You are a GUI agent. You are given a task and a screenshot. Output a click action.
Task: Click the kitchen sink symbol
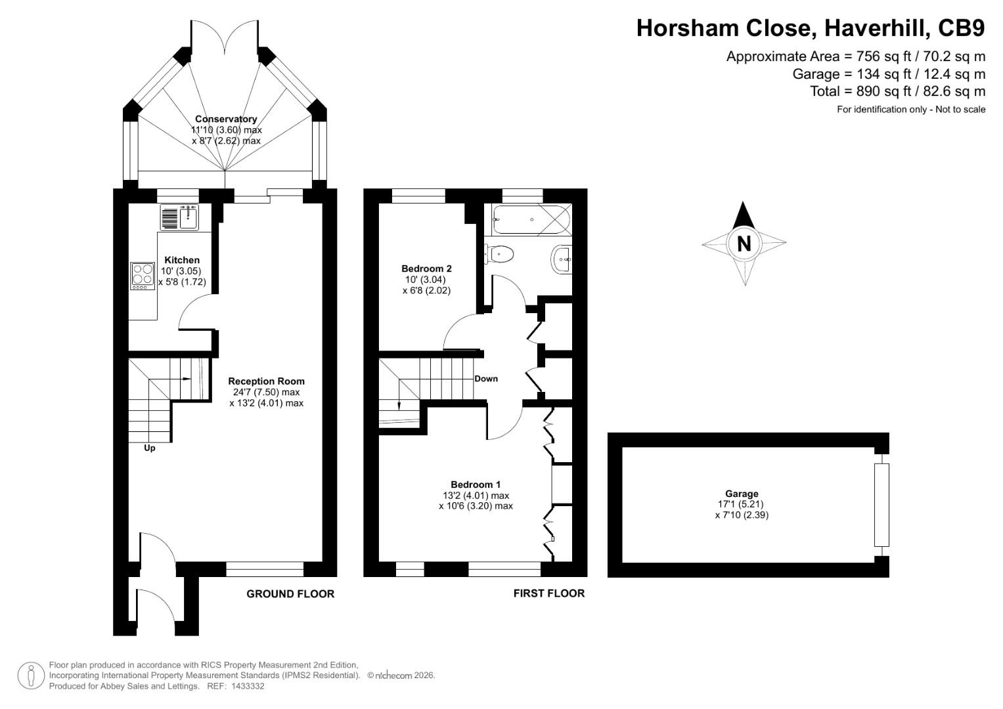tap(179, 217)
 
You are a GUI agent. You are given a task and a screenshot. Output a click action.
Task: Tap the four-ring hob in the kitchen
tap(140, 276)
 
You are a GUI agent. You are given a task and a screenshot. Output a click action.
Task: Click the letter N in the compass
tap(744, 244)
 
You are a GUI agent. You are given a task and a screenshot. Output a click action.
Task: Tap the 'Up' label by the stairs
tap(150, 448)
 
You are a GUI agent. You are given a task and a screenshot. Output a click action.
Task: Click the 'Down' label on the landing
tap(486, 379)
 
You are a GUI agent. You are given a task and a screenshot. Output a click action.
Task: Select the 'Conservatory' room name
tap(226, 119)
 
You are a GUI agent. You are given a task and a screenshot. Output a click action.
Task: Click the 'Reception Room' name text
tap(266, 381)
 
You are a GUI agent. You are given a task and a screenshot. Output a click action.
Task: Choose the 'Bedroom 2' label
tap(426, 269)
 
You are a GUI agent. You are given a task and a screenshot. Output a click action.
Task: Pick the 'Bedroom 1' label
tap(476, 484)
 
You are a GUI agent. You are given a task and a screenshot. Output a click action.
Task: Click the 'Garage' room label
tap(742, 494)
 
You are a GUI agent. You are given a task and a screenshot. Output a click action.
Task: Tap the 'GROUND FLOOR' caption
tap(290, 594)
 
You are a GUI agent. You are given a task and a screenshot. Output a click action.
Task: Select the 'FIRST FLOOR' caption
tap(548, 593)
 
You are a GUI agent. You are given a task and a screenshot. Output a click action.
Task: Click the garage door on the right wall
tap(881, 505)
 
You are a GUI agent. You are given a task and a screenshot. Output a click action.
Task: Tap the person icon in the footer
tap(31, 676)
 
